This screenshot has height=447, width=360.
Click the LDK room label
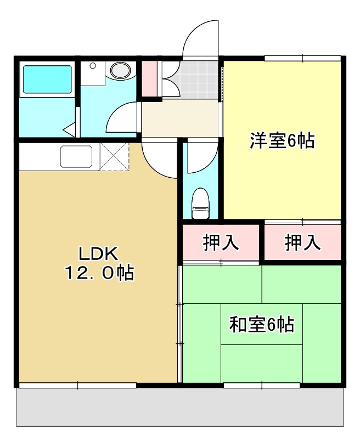coord(98,253)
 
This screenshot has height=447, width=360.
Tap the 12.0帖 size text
coord(99,273)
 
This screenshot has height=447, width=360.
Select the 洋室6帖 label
coord(282,141)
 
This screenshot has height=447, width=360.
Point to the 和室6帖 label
coord(261,325)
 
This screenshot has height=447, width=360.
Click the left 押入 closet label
coord(221,242)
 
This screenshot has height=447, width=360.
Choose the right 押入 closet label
coord(302,242)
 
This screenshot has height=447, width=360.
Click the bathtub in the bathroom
coord(46,81)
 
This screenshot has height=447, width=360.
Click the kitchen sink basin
coord(78,157)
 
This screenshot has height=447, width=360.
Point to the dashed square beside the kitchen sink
coord(114,157)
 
